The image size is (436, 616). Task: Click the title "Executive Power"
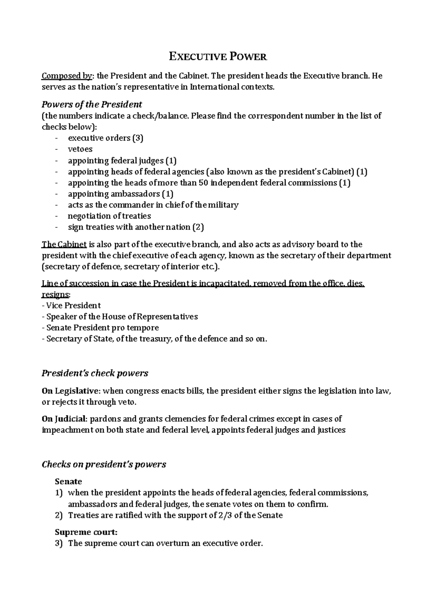(x=218, y=57)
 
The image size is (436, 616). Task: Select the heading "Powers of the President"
(x=92, y=105)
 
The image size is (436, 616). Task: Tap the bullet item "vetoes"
(x=80, y=149)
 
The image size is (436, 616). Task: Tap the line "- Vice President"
(x=71, y=305)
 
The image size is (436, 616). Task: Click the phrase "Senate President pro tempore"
(x=102, y=328)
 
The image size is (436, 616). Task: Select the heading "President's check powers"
(x=95, y=373)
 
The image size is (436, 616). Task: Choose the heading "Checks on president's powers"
(x=104, y=464)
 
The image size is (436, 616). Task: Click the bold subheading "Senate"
(x=68, y=482)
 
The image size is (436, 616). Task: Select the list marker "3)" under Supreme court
(x=59, y=543)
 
